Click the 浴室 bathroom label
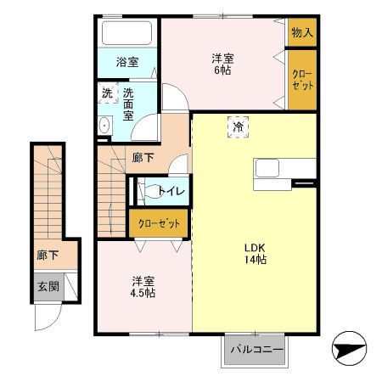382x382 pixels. pyautogui.click(x=127, y=62)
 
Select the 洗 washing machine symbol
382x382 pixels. pyautogui.click(x=108, y=93)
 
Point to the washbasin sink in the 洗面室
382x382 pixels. pyautogui.click(x=105, y=125)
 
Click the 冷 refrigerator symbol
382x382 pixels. pyautogui.click(x=238, y=127)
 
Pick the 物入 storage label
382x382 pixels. pyautogui.click(x=302, y=32)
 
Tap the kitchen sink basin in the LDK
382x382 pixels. pyautogui.click(x=267, y=168)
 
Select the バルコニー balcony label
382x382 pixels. pyautogui.click(x=257, y=349)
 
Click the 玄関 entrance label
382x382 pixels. pyautogui.click(x=48, y=287)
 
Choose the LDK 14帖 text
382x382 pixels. pyautogui.click(x=256, y=254)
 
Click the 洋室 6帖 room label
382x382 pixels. pyautogui.click(x=222, y=65)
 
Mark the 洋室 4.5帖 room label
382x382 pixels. pyautogui.click(x=143, y=287)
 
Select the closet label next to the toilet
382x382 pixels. pyautogui.click(x=159, y=223)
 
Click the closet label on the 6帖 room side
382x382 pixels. pyautogui.click(x=302, y=80)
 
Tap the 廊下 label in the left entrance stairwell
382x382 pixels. pyautogui.click(x=48, y=256)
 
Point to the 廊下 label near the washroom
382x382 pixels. pyautogui.click(x=143, y=158)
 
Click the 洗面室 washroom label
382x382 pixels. pyautogui.click(x=128, y=104)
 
